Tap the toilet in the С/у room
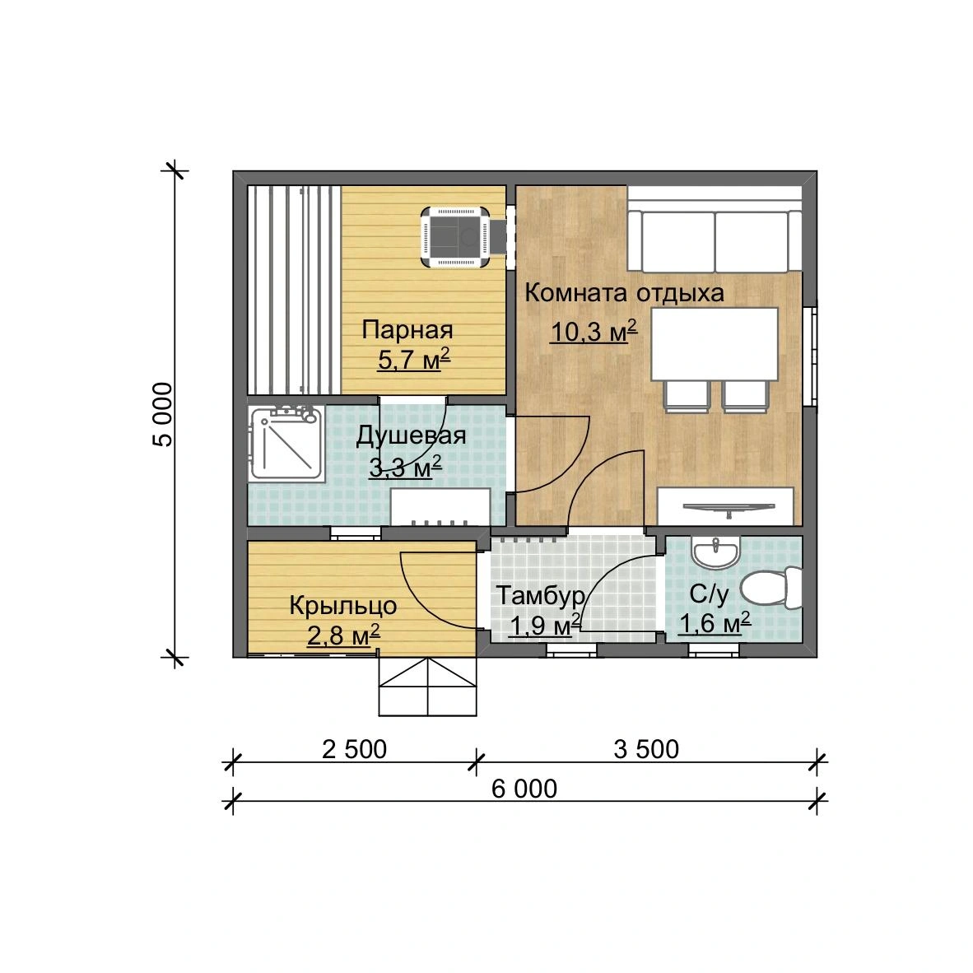pyautogui.click(x=771, y=587)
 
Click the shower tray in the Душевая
pyautogui.click(x=286, y=443)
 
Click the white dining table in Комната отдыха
pyautogui.click(x=715, y=344)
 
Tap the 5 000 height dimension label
pyautogui.click(x=163, y=415)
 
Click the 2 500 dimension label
pyautogui.click(x=354, y=750)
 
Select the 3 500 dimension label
pyautogui.click(x=646, y=750)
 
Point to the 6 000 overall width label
pyautogui.click(x=524, y=789)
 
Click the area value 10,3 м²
pyautogui.click(x=594, y=332)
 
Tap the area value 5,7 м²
pyautogui.click(x=413, y=359)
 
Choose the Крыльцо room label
pyautogui.click(x=343, y=606)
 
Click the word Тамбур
pyautogui.click(x=541, y=596)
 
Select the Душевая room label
pyautogui.click(x=411, y=436)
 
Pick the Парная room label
pyautogui.click(x=407, y=330)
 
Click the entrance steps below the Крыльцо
pyautogui.click(x=427, y=687)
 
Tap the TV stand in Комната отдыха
pyautogui.click(x=725, y=506)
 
